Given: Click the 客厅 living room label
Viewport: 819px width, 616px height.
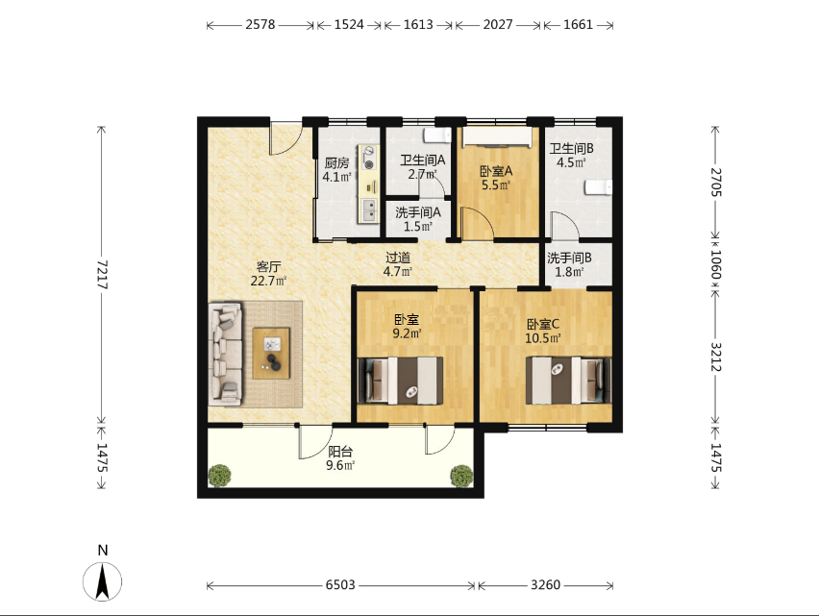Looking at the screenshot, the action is pos(269,267).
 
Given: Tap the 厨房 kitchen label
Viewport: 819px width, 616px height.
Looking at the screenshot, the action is pos(336,162).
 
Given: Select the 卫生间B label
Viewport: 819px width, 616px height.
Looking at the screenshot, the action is pos(571,149).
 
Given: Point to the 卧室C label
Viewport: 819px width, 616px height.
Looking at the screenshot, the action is pos(543,324).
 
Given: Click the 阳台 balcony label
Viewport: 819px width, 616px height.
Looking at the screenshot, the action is pos(340,452).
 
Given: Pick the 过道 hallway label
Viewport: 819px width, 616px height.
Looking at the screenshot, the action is pos(398,258).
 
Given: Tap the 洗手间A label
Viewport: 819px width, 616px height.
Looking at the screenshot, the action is pos(418,212).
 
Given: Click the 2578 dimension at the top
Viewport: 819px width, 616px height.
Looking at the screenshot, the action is pos(261,25).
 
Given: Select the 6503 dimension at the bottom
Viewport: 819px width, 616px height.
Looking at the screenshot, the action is pos(340,584).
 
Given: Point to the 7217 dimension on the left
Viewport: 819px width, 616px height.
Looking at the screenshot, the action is pos(102,275).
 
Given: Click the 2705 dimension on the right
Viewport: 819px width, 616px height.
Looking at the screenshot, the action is pos(715,182).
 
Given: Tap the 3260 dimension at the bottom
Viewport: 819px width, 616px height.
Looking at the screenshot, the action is pos(545,584).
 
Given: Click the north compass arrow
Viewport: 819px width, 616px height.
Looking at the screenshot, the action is pos(102,581).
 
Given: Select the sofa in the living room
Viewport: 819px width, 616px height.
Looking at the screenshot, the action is pos(225,354).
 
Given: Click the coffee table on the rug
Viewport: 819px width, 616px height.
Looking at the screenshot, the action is pos(271,353).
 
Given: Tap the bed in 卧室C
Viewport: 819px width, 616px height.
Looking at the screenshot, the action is pos(568,381).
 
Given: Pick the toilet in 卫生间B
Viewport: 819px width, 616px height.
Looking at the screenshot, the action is pos(598,187).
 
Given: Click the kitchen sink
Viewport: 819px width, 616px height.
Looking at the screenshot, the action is pos(369,209).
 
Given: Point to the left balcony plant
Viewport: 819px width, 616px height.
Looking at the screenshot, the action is pos(219,476).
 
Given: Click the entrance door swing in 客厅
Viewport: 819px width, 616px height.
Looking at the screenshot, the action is pos(285,138).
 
